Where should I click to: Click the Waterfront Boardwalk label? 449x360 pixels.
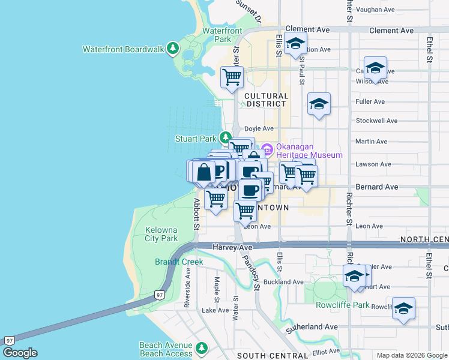(123, 49)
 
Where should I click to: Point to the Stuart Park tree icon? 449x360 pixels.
(225, 137)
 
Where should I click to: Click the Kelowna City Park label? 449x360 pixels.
(161, 234)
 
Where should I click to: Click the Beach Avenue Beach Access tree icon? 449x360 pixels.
(202, 348)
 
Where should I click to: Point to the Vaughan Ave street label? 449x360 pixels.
(375, 10)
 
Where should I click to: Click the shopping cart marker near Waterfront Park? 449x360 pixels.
(232, 77)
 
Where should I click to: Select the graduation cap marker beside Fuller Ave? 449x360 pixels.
(319, 104)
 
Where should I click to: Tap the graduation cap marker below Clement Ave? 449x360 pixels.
(295, 44)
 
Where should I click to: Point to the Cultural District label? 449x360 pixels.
(266, 100)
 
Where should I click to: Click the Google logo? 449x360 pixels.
(20, 353)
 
